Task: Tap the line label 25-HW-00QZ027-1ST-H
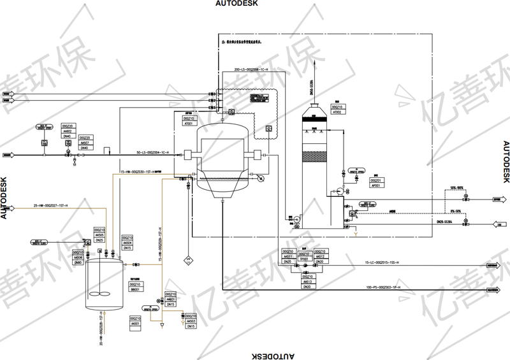tap(50, 205)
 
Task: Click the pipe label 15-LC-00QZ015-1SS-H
tap(381, 263)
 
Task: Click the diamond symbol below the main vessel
tap(188, 259)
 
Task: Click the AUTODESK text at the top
tap(237, 4)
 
